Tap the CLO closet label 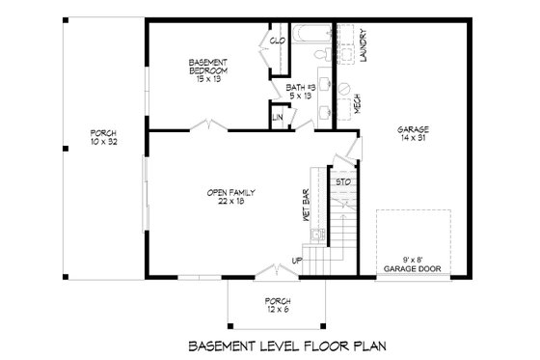[277, 41]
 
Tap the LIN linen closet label [277, 118]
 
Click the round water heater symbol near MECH [342, 84]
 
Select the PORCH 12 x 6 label [277, 306]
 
